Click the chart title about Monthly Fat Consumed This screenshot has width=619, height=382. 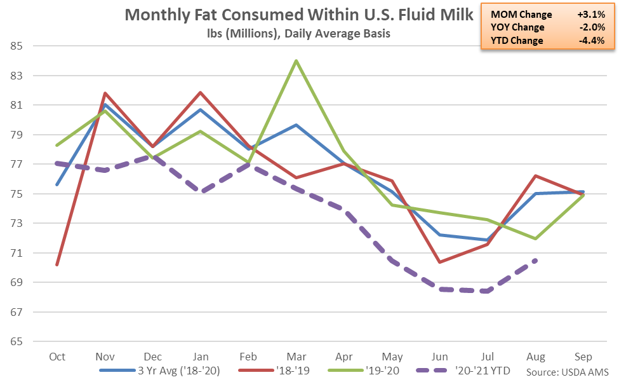[299, 15]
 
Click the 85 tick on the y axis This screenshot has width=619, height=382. [16, 46]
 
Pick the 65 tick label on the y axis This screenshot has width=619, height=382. [16, 341]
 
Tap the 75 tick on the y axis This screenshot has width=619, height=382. [16, 194]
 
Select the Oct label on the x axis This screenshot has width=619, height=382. [57, 357]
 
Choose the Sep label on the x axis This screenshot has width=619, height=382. [583, 357]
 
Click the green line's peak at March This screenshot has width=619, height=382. [296, 61]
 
